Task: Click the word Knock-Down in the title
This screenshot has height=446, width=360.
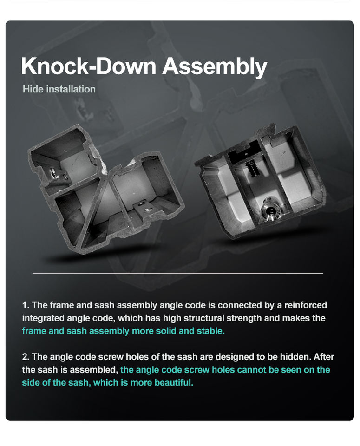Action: [89, 66]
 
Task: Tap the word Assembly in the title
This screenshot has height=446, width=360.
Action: [215, 67]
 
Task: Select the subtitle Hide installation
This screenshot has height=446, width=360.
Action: [59, 89]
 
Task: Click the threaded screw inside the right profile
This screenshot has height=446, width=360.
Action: [252, 168]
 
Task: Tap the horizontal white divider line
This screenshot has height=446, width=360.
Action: [178, 273]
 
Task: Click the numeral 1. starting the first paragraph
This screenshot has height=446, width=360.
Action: [26, 305]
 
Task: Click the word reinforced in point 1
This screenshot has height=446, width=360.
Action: [306, 305]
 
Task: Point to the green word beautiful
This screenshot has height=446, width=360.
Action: [174, 382]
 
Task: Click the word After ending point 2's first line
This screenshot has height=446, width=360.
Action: [324, 357]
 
